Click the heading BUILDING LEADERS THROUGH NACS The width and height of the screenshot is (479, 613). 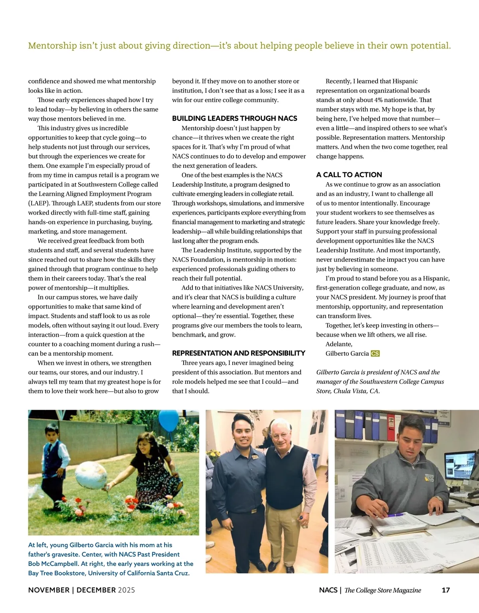235,118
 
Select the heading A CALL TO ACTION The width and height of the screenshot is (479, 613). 349,175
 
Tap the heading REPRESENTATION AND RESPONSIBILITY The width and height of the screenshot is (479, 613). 239,353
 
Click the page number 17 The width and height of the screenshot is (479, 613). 446,590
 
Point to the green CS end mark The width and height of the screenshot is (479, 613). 375,353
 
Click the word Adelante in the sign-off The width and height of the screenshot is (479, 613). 339,344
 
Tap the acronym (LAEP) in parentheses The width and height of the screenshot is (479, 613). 39,203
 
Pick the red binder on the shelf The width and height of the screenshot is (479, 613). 391,427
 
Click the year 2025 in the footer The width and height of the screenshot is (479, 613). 126,590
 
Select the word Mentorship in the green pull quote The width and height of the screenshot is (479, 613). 52,46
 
